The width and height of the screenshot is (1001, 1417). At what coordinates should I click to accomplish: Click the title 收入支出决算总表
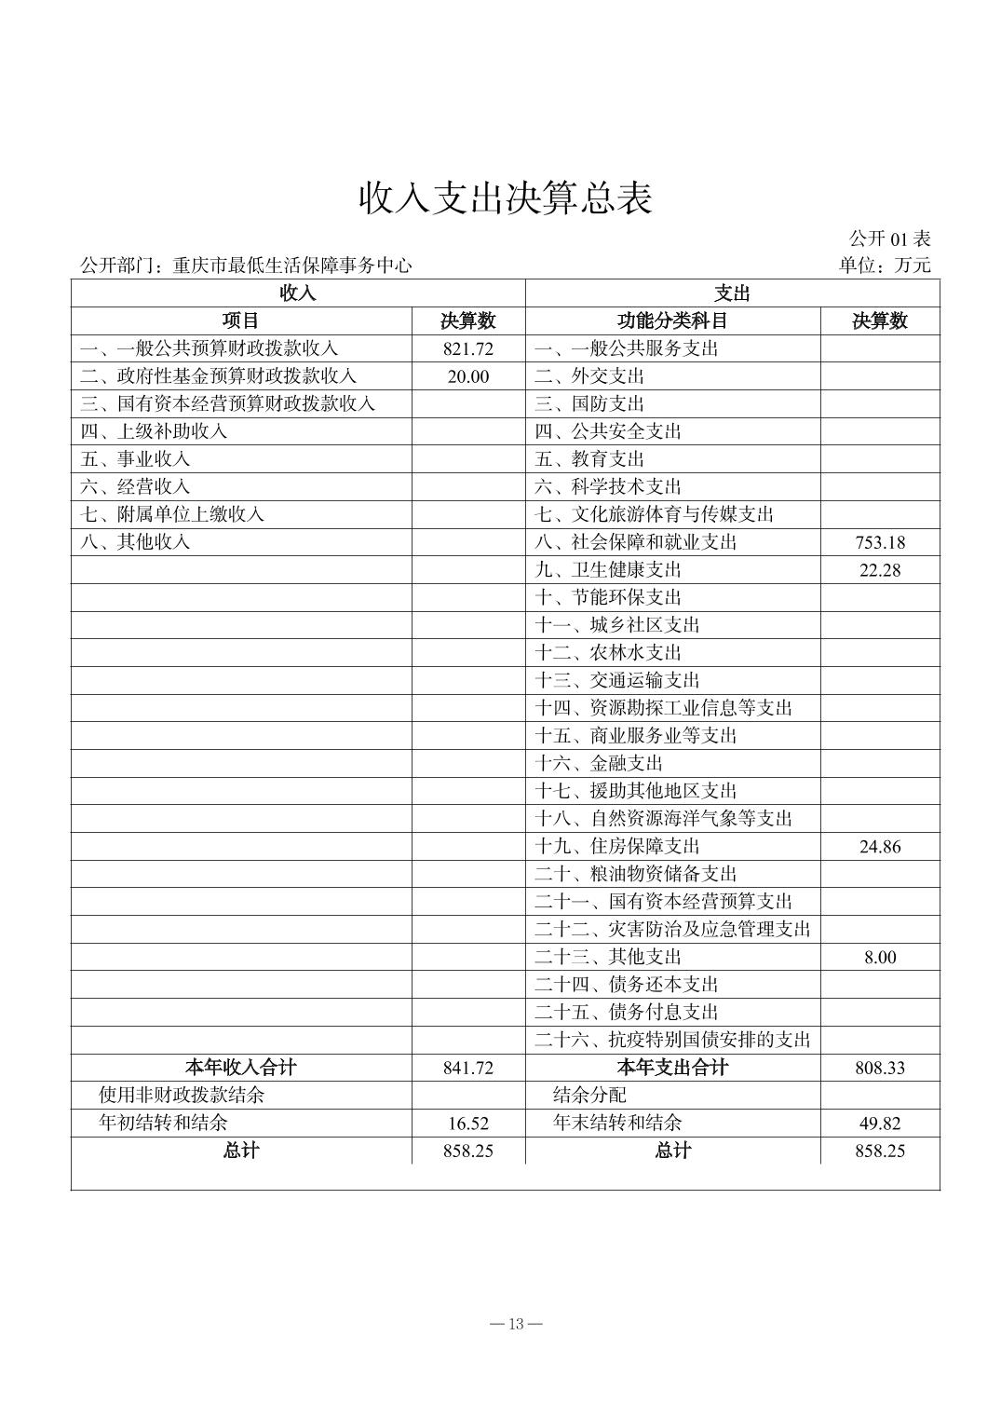(x=506, y=198)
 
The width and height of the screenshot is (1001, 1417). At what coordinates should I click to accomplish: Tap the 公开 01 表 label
(x=889, y=238)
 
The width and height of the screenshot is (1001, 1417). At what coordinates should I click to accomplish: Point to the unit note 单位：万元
(x=884, y=266)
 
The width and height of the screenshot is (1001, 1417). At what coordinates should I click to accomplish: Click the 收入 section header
(x=298, y=293)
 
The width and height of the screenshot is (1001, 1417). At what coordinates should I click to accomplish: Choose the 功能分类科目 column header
(x=672, y=321)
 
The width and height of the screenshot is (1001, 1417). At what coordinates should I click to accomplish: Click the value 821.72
(x=468, y=349)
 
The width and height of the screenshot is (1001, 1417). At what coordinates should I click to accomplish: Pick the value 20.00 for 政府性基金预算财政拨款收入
(x=467, y=376)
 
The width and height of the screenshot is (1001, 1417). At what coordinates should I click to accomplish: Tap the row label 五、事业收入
(x=136, y=459)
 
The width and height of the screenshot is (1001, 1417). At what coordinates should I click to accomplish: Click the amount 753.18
(x=880, y=542)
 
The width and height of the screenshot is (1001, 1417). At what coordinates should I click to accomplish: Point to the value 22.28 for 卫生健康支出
(x=880, y=570)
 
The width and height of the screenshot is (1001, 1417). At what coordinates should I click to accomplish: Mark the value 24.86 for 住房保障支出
(x=880, y=847)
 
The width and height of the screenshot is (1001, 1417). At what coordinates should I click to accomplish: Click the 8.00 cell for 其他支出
(x=880, y=957)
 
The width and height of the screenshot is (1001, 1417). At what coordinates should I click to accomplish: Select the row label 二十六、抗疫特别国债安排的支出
(x=672, y=1040)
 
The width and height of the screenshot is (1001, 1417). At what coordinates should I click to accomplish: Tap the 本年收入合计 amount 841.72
(x=468, y=1068)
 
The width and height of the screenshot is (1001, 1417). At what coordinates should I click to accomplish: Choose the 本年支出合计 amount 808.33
(x=880, y=1068)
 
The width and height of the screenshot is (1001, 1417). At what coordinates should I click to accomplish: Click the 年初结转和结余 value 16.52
(x=468, y=1124)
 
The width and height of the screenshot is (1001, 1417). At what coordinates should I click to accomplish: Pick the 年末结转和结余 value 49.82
(x=880, y=1124)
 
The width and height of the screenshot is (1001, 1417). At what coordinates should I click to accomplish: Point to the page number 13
(x=518, y=1324)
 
